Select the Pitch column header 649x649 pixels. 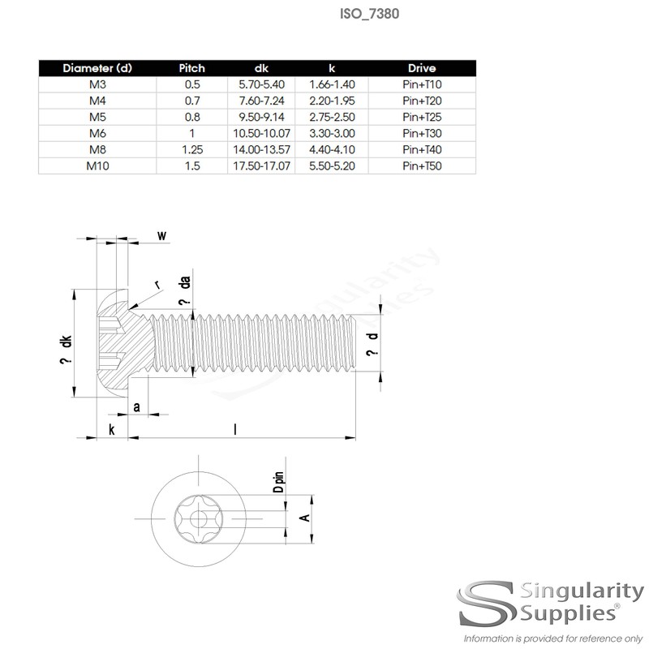point(193,67)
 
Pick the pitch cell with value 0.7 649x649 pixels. point(193,101)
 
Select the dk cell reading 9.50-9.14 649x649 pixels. point(262,117)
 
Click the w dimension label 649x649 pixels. point(161,236)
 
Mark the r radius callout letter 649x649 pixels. point(157,284)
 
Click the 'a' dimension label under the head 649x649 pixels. point(135,406)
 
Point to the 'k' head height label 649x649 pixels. point(111,428)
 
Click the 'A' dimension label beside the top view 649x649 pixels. point(303,517)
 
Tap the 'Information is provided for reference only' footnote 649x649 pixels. point(548,638)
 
